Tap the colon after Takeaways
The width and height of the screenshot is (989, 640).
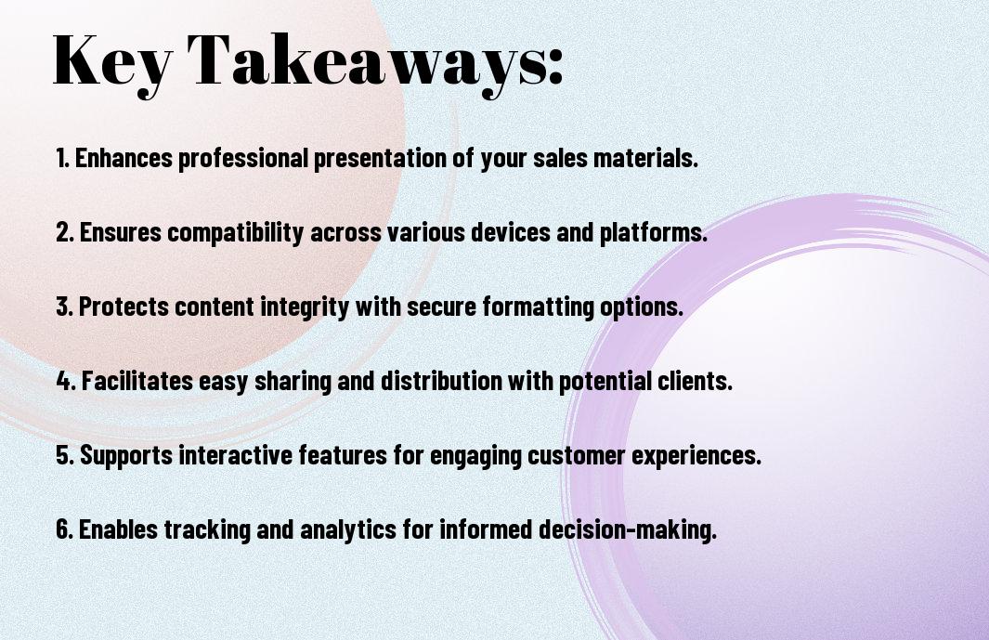(554, 66)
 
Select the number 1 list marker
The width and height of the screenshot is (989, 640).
(62, 158)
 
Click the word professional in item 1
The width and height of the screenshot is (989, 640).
(241, 159)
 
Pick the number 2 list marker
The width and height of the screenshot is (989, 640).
(64, 232)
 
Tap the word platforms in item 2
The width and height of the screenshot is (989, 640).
(653, 233)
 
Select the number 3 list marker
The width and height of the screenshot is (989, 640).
(64, 307)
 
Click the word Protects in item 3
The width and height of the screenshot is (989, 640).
(124, 307)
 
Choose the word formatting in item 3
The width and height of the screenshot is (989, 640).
(538, 307)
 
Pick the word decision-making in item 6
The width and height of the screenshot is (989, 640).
(628, 529)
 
